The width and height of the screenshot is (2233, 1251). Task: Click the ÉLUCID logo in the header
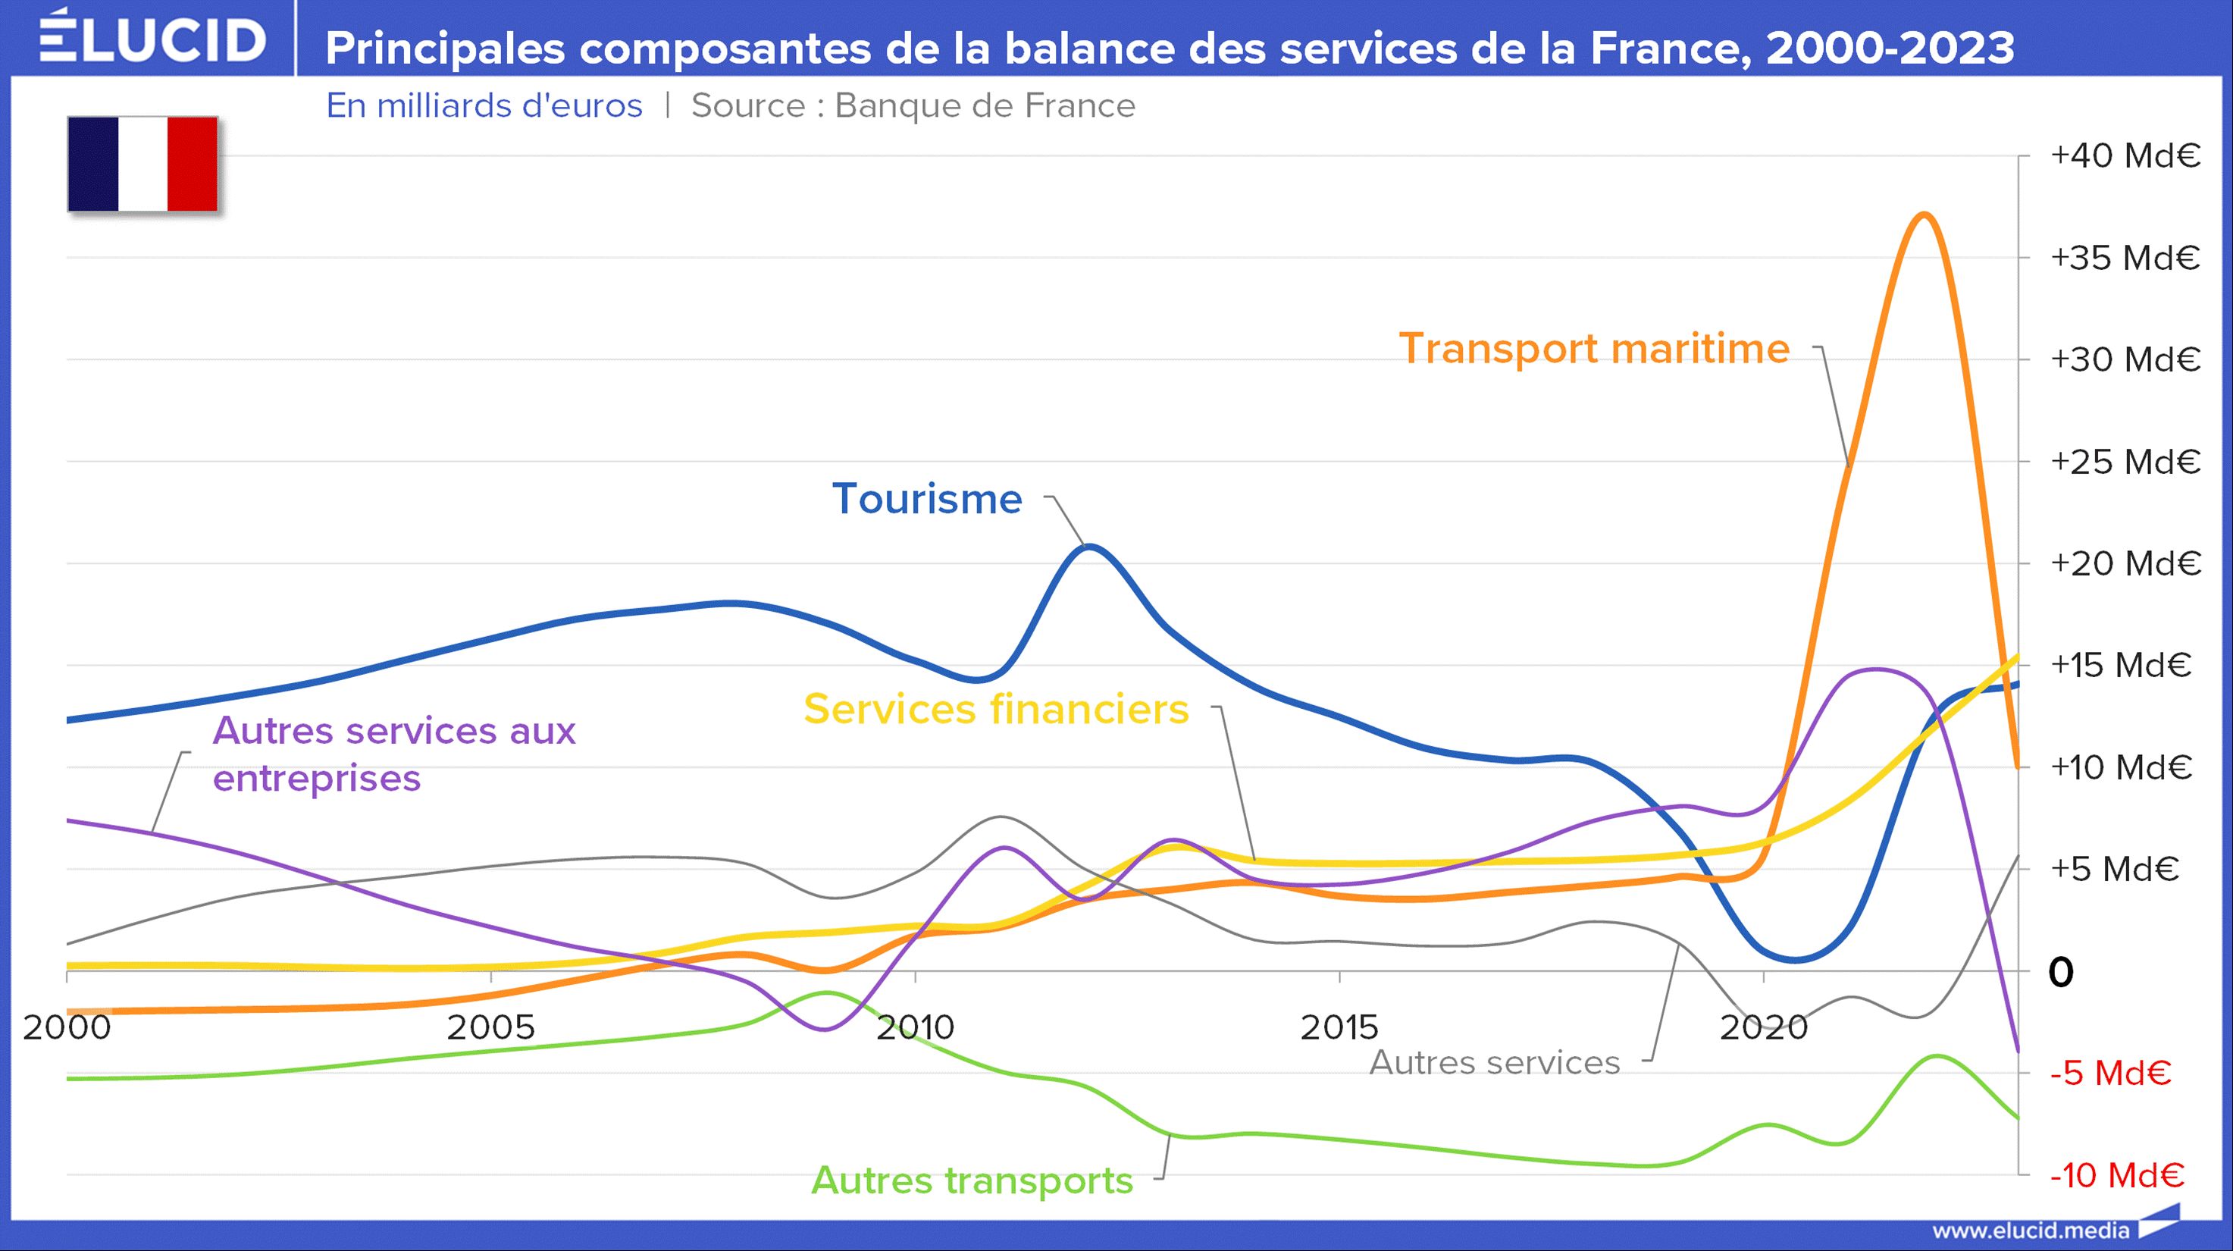[x=152, y=39]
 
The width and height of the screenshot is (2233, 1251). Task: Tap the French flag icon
[x=143, y=164]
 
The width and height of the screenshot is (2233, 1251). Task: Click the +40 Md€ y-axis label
[x=2125, y=156]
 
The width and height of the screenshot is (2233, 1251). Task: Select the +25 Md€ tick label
[x=2125, y=462]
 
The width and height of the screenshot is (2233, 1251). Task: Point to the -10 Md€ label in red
[x=2116, y=1176]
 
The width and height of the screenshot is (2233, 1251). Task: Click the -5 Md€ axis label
[x=2110, y=1074]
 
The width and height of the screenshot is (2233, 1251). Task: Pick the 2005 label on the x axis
[x=490, y=1027]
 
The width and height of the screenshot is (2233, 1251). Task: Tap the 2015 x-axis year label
[x=1339, y=1027]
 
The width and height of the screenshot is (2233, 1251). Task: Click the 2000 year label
[x=67, y=1027]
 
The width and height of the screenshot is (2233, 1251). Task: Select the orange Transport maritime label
[x=1594, y=349]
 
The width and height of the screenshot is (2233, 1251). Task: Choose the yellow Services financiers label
[x=996, y=709]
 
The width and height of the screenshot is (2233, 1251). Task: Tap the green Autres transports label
[x=972, y=1180]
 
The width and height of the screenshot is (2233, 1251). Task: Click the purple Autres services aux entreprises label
[x=393, y=754]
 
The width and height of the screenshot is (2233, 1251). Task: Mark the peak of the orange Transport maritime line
[x=1924, y=214]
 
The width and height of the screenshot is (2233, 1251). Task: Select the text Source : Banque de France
[x=913, y=106]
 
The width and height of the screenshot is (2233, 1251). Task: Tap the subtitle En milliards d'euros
[x=484, y=106]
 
